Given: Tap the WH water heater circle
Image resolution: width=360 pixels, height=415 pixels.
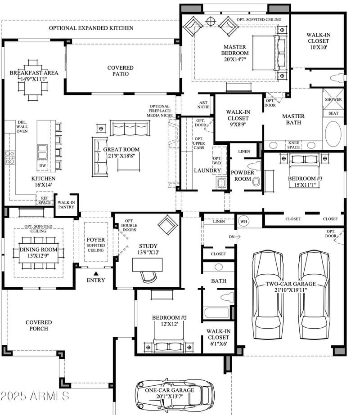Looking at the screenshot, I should pyautogui.click(x=243, y=221).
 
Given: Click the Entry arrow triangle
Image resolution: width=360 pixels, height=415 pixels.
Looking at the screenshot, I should pyautogui.click(x=95, y=272).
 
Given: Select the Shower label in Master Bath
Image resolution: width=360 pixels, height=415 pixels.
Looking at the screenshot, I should pyautogui.click(x=333, y=99).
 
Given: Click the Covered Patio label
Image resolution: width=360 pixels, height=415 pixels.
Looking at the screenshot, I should pyautogui.click(x=120, y=71).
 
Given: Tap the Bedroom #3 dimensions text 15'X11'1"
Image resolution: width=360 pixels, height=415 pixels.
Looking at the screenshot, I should pyautogui.click(x=306, y=184).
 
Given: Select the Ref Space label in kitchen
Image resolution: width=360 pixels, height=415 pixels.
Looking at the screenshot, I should pyautogui.click(x=44, y=200).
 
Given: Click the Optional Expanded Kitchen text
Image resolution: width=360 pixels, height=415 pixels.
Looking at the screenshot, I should pyautogui.click(x=91, y=28).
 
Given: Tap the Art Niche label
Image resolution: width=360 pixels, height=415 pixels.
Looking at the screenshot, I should pyautogui.click(x=203, y=105).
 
